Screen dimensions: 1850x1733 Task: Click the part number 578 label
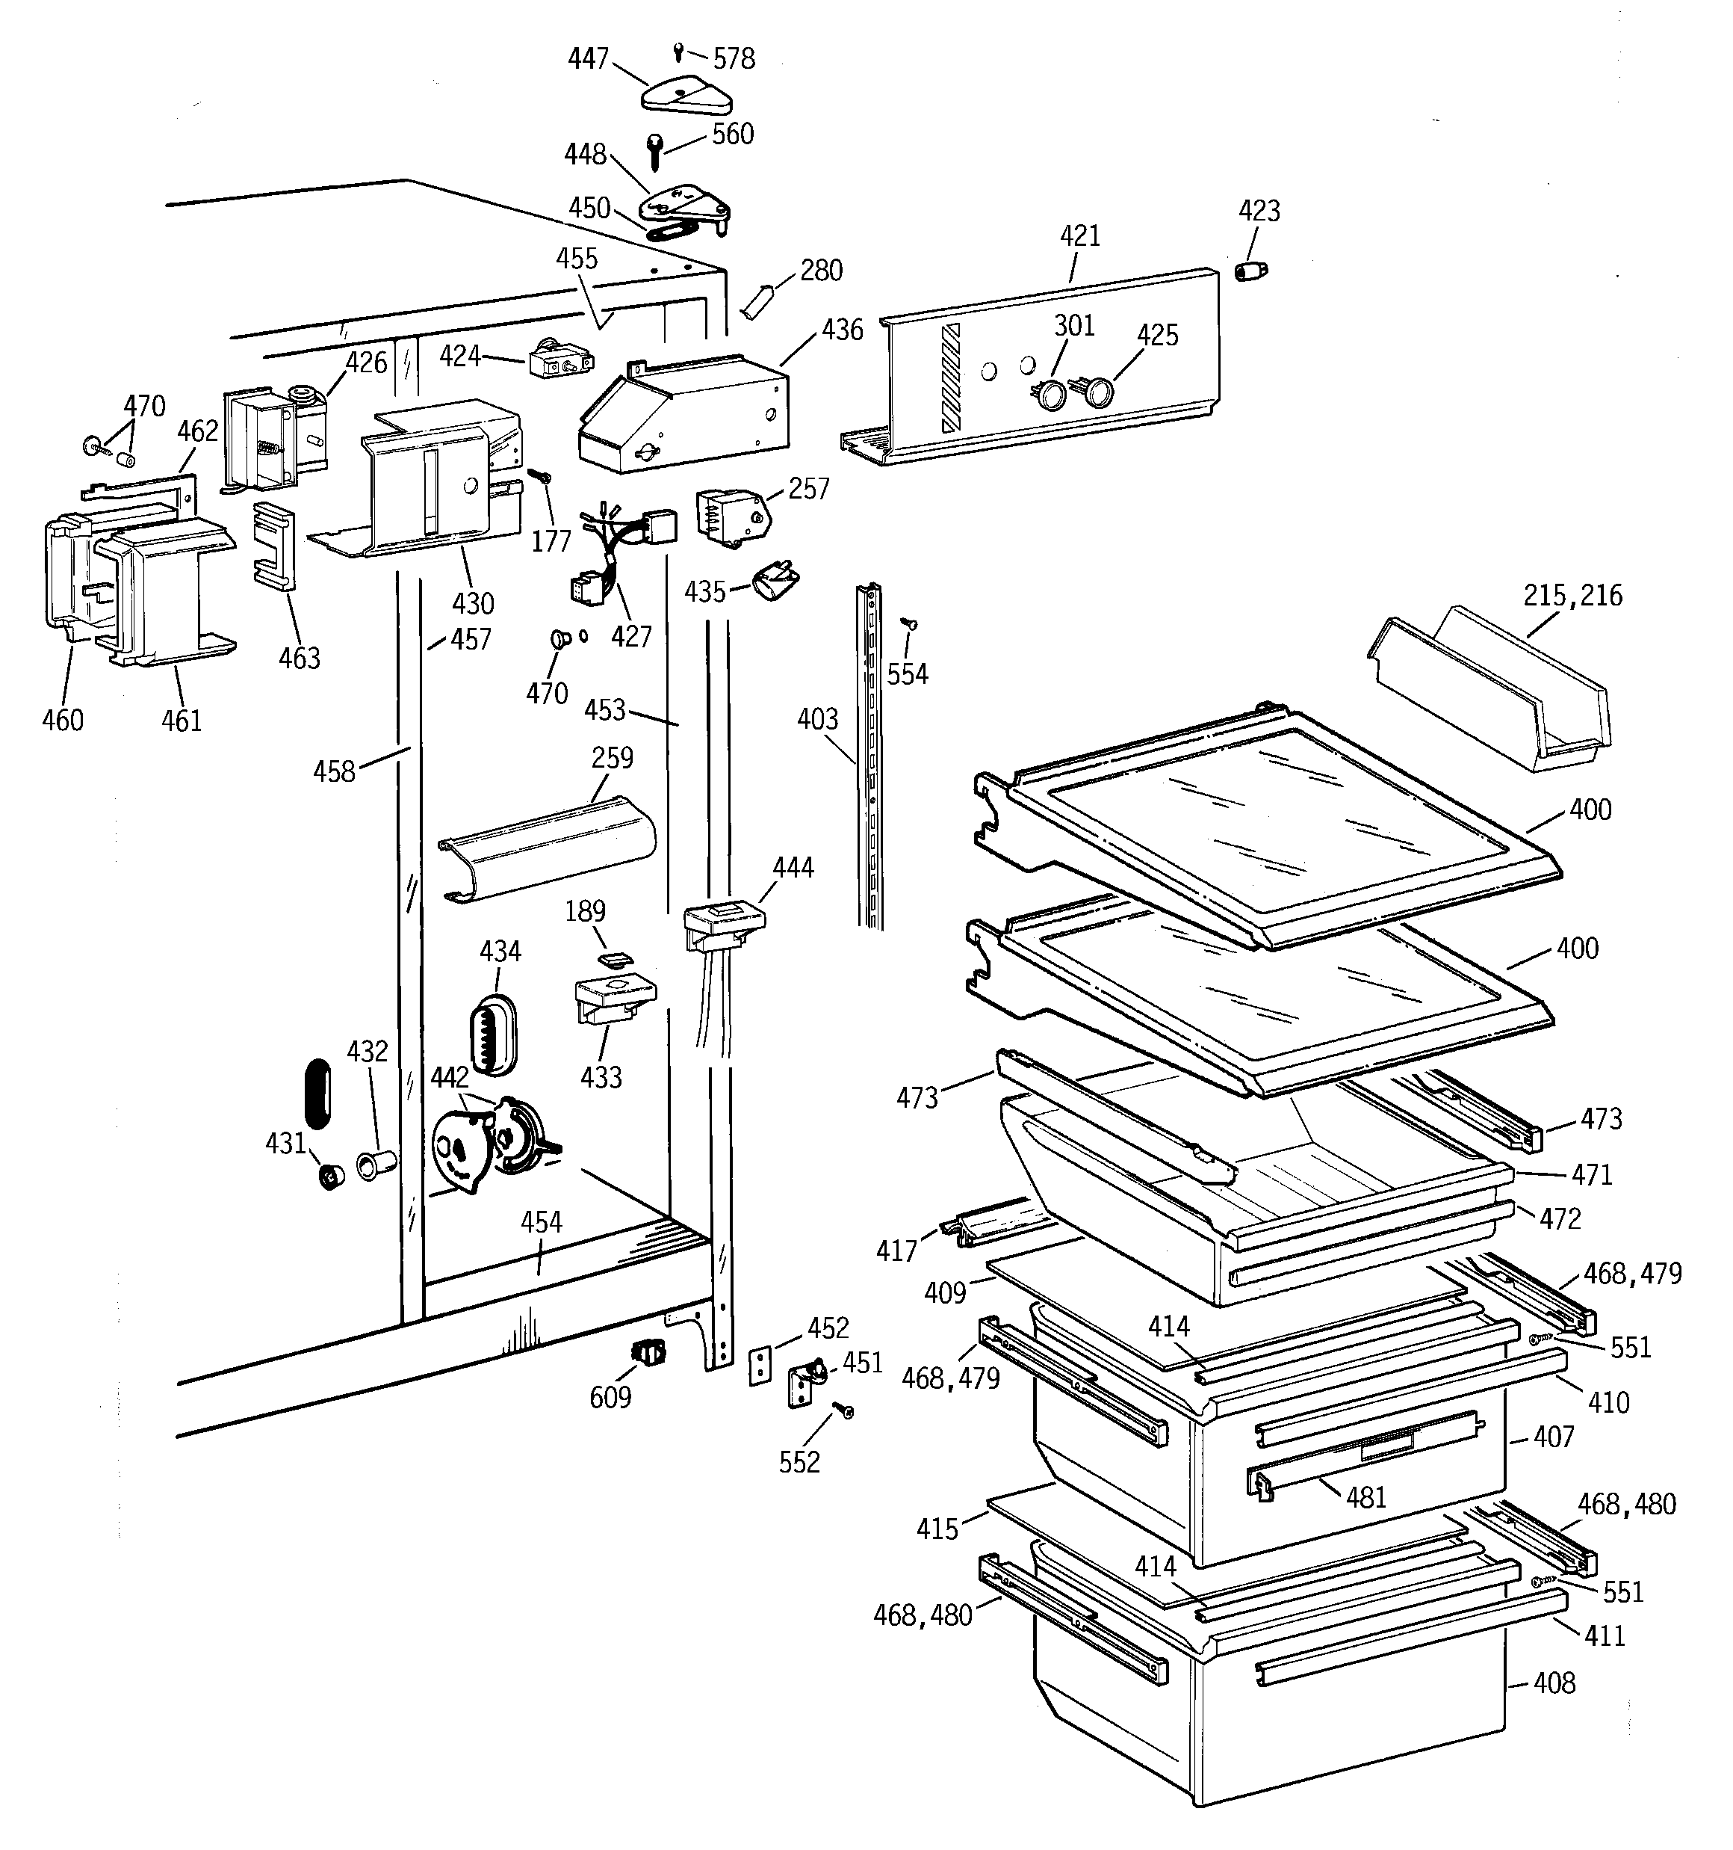pyautogui.click(x=734, y=58)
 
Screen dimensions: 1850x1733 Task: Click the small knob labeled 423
pyautogui.click(x=1251, y=271)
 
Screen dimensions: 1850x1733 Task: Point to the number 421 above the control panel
pyautogui.click(x=1079, y=235)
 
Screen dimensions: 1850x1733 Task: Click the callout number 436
pyautogui.click(x=842, y=330)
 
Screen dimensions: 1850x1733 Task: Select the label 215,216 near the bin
pyautogui.click(x=1572, y=596)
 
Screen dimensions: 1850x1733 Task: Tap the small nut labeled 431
pyautogui.click(x=330, y=1177)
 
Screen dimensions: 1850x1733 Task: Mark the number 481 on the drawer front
pyautogui.click(x=1365, y=1496)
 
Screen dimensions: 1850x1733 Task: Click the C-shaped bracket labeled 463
pyautogui.click(x=274, y=546)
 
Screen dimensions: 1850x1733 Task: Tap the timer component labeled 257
pyautogui.click(x=732, y=514)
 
